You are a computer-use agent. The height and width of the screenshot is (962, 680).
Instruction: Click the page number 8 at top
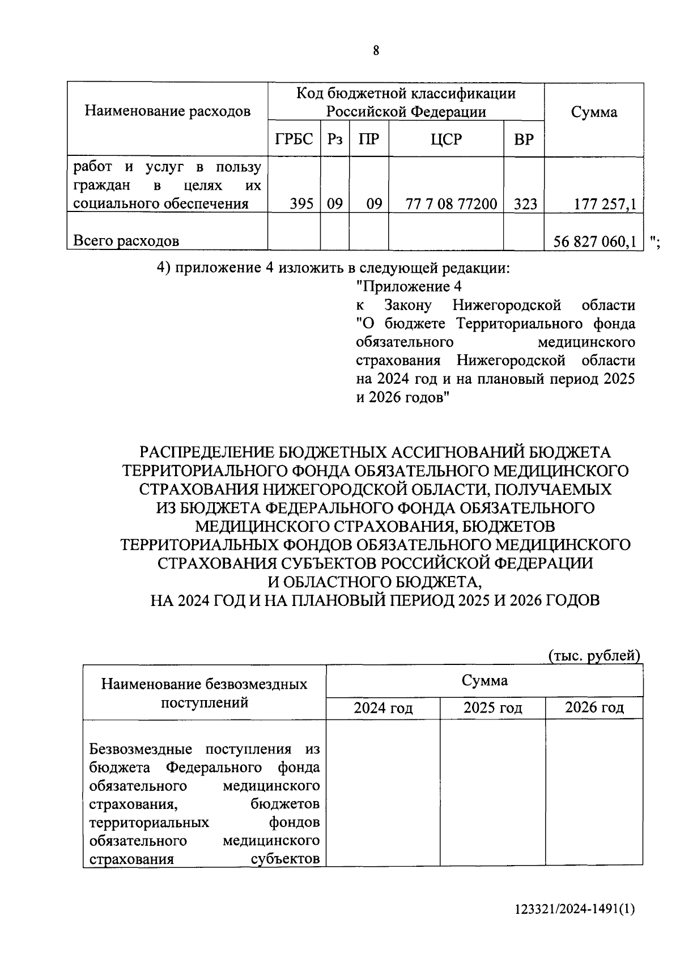[376, 51]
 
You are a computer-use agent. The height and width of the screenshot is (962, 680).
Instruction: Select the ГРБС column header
[294, 139]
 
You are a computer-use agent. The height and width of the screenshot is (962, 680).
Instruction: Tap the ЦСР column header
[446, 139]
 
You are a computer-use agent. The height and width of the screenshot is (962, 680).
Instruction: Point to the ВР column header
[524, 139]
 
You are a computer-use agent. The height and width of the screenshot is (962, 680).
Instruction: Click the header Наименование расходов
[168, 111]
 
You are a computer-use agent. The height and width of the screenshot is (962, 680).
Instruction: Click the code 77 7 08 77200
[452, 204]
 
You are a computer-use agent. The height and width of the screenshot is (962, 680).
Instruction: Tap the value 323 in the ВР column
[525, 204]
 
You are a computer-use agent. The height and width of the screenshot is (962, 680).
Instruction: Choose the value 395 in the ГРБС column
[301, 204]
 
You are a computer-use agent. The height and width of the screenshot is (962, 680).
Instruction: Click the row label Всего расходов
[126, 241]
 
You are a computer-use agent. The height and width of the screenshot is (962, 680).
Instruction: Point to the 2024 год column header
[383, 708]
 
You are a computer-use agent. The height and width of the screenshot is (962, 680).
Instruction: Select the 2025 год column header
[492, 708]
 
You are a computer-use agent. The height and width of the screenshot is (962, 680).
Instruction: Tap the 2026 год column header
[594, 707]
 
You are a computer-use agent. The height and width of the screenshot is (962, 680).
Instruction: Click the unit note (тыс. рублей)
[594, 656]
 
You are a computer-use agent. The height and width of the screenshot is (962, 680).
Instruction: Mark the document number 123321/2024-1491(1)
[575, 909]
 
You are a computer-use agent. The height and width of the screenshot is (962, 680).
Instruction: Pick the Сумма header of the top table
[594, 112]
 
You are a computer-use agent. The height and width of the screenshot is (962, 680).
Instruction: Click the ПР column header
[368, 139]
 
